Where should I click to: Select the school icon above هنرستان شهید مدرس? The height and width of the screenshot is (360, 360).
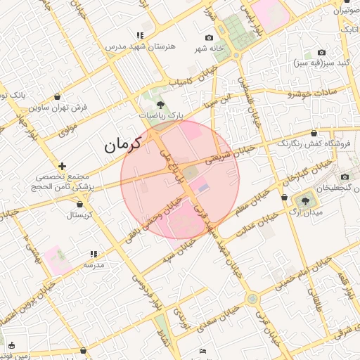tap(141, 34)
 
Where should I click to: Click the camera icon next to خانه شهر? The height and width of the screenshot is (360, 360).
tap(209, 37)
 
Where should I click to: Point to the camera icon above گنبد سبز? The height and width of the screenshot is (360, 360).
tap(322, 52)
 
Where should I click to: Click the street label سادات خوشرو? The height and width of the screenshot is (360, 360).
tap(314, 92)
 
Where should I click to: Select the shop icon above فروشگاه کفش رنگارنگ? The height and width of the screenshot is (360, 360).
tap(314, 133)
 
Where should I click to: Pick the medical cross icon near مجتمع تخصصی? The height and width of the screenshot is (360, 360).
tap(63, 165)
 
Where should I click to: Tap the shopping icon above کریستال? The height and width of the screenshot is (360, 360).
tap(79, 204)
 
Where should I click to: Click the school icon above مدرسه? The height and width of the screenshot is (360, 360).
tap(93, 254)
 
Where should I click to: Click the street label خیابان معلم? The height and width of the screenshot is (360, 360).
tap(252, 200)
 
